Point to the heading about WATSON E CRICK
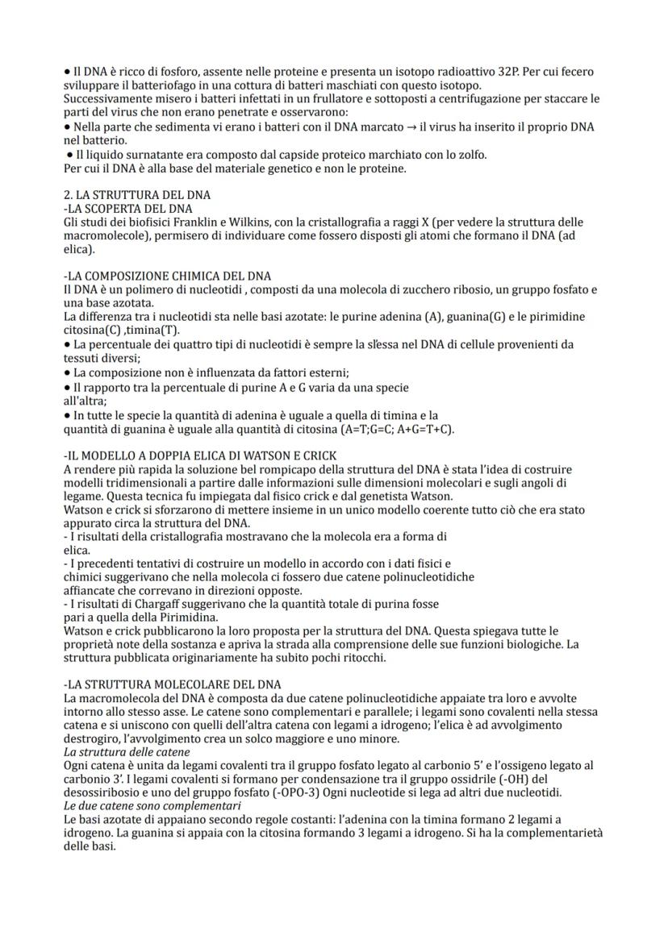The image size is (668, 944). click(199, 455)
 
